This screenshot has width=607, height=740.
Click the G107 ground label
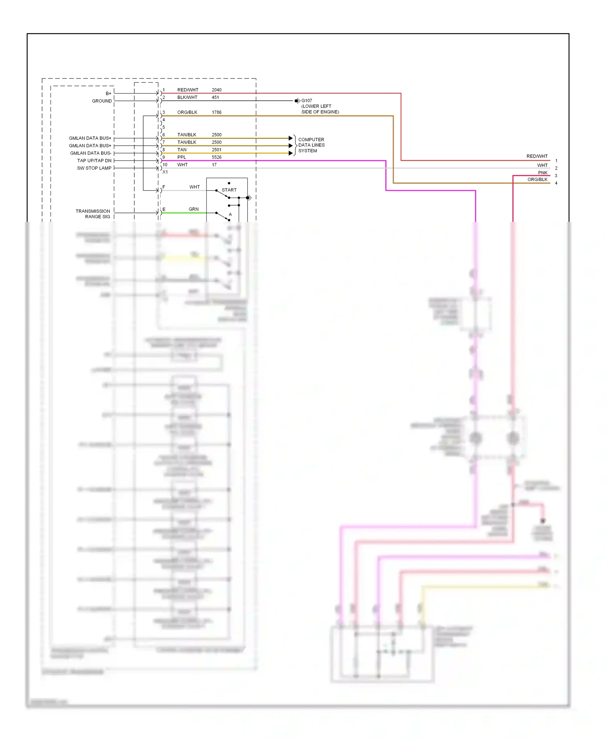click(x=307, y=100)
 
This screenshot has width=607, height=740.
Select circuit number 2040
click(x=216, y=90)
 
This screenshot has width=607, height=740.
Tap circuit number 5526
click(x=216, y=157)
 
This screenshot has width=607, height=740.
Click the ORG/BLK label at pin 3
click(x=187, y=112)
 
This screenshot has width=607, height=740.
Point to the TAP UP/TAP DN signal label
click(x=94, y=161)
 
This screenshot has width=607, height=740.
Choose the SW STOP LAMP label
click(x=94, y=168)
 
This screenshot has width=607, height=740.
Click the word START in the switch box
click(x=229, y=190)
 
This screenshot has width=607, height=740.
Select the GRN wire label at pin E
click(x=193, y=209)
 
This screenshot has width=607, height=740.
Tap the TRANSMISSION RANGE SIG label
click(x=93, y=214)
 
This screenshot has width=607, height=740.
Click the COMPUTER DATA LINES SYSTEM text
click(x=311, y=145)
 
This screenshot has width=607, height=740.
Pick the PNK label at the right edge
click(x=543, y=173)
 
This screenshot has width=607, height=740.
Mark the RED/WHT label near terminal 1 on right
click(x=537, y=156)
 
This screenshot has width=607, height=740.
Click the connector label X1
click(x=165, y=172)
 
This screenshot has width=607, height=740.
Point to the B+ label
click(x=108, y=94)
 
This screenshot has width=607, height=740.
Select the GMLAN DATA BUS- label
click(x=91, y=153)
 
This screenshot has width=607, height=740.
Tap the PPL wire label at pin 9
click(x=182, y=157)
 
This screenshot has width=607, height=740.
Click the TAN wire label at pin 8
click(x=182, y=150)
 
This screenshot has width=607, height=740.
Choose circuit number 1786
click(x=216, y=112)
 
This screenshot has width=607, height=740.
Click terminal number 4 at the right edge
click(x=556, y=183)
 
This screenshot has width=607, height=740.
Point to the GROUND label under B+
click(x=102, y=101)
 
